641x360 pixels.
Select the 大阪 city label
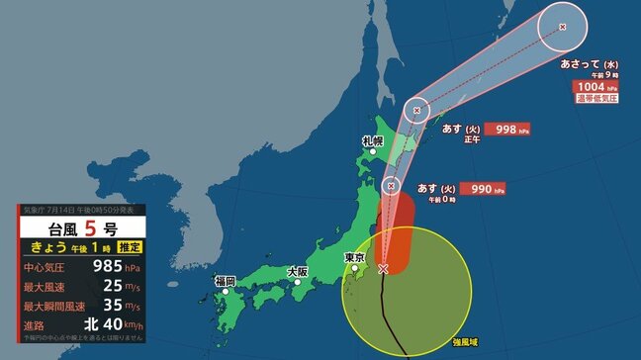coord(296,270)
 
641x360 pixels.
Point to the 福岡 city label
coord(225,281)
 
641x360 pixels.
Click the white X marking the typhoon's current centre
coord(383,268)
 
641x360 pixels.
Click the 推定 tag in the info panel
coord(127,246)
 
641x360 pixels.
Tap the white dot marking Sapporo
coord(374,151)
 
